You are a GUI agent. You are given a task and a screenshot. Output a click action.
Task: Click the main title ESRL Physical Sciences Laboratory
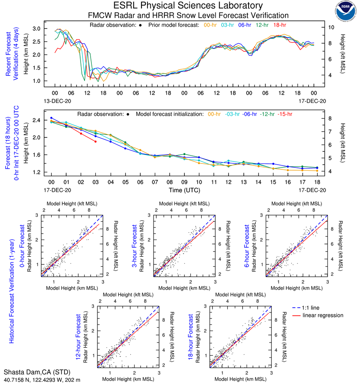tap(188, 6)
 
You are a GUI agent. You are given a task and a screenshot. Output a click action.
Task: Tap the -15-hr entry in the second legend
tap(284, 114)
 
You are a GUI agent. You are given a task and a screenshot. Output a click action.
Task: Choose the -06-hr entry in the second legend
tap(248, 114)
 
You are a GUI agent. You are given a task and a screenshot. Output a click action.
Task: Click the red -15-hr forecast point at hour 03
tap(95, 141)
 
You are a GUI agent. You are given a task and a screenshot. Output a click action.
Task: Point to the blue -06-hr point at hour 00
tap(51, 118)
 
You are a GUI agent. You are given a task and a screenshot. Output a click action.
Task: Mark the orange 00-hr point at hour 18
tap(317, 171)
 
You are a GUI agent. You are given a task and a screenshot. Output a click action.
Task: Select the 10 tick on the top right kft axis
tap(331, 27)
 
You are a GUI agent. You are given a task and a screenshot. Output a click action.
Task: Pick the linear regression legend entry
tap(323, 315)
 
